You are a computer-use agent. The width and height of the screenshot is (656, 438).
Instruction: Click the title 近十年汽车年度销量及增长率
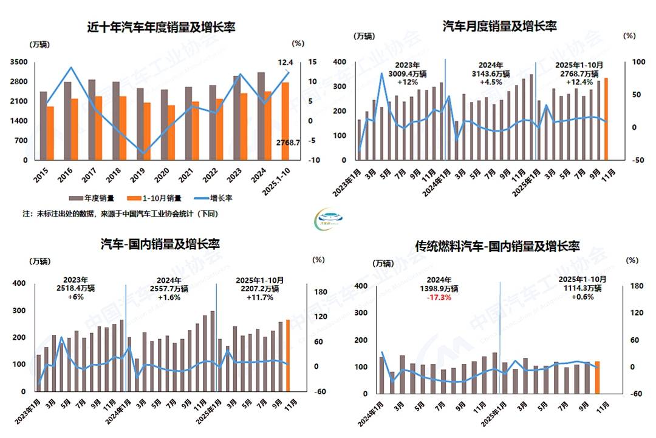[x=161, y=27]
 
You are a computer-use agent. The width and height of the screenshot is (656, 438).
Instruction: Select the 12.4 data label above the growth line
[x=285, y=62]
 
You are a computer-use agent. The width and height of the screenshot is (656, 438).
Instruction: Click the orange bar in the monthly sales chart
[x=606, y=119]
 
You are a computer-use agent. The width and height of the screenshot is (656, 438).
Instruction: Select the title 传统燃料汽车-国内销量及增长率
[x=497, y=246]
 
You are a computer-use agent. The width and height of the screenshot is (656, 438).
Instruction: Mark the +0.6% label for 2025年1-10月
[x=583, y=298]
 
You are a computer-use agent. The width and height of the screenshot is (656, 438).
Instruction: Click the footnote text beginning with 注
[x=120, y=214]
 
